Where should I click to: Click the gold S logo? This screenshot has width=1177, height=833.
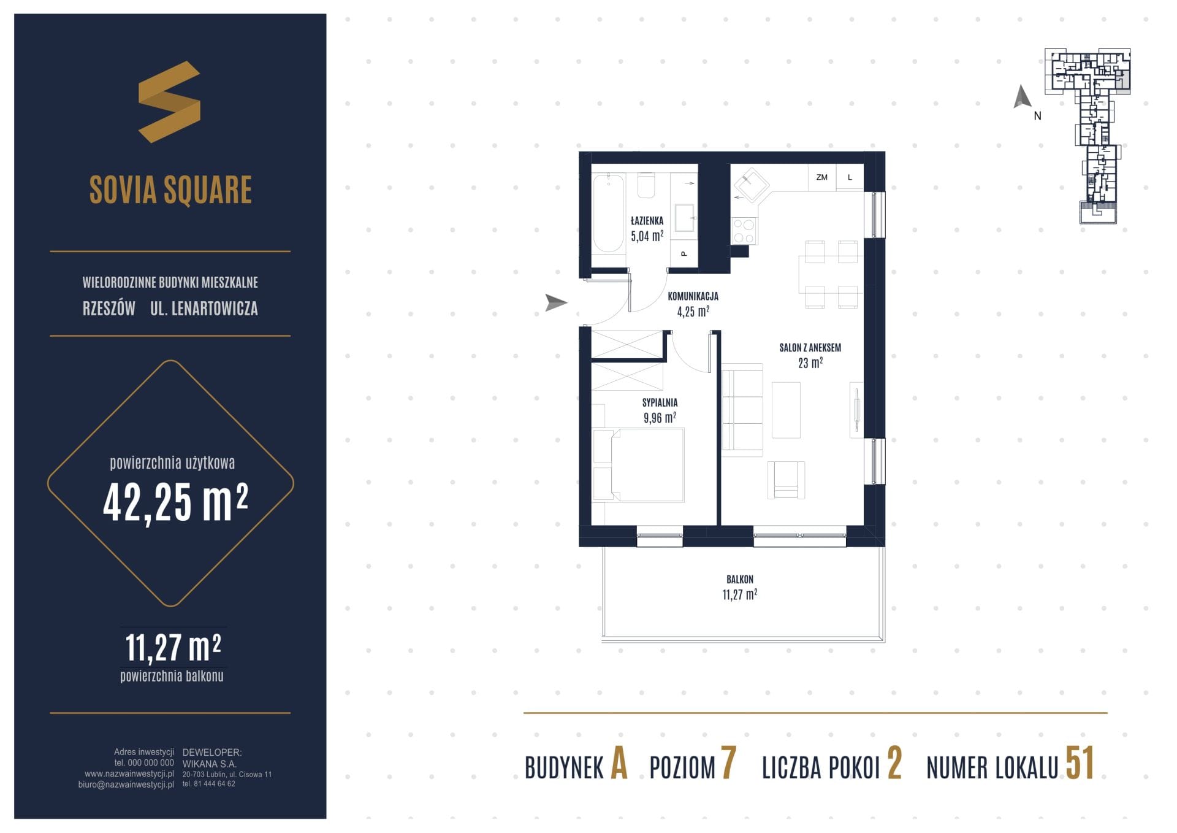(169, 102)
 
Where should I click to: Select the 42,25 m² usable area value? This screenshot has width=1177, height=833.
(175, 502)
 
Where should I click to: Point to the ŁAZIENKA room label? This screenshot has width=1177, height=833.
(647, 220)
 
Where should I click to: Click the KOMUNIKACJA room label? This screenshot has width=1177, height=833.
(693, 296)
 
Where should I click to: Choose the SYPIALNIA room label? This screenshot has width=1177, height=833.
(660, 402)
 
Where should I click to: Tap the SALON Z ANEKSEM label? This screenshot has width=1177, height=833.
(810, 348)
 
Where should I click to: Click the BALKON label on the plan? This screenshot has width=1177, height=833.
(740, 579)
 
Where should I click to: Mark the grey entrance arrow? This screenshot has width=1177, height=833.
(556, 302)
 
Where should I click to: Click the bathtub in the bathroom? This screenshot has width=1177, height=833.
(608, 213)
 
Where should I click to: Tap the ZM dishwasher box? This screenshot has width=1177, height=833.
(822, 177)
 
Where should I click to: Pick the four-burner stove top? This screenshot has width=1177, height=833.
(744, 231)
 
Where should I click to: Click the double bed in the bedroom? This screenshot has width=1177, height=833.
(639, 465)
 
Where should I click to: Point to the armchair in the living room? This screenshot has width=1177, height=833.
(786, 480)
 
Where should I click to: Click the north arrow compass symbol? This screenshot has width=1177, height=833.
(1022, 98)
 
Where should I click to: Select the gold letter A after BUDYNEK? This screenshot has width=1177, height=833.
(619, 763)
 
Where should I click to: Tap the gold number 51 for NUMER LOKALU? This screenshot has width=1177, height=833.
(1080, 763)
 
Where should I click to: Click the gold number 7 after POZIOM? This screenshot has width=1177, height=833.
(728, 763)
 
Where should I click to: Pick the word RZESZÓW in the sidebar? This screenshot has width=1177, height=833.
(109, 308)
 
